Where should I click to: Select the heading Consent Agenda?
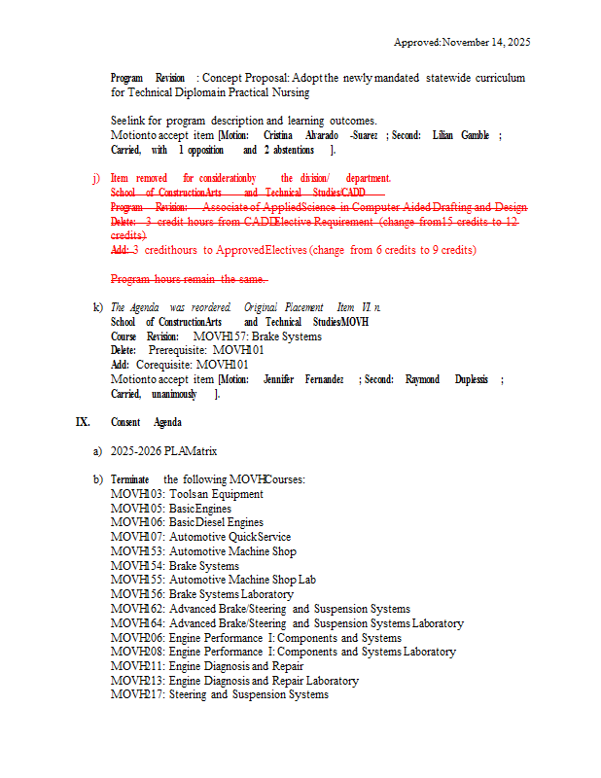146,422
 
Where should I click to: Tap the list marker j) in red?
95,178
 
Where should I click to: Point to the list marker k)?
97,307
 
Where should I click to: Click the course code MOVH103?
137,494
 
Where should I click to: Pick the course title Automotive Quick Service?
230,537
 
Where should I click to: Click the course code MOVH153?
137,551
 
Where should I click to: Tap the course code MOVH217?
137,694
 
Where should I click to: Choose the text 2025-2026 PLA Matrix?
164,451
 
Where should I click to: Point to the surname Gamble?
476,135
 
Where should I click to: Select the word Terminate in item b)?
129,479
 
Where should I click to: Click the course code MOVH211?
137,666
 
